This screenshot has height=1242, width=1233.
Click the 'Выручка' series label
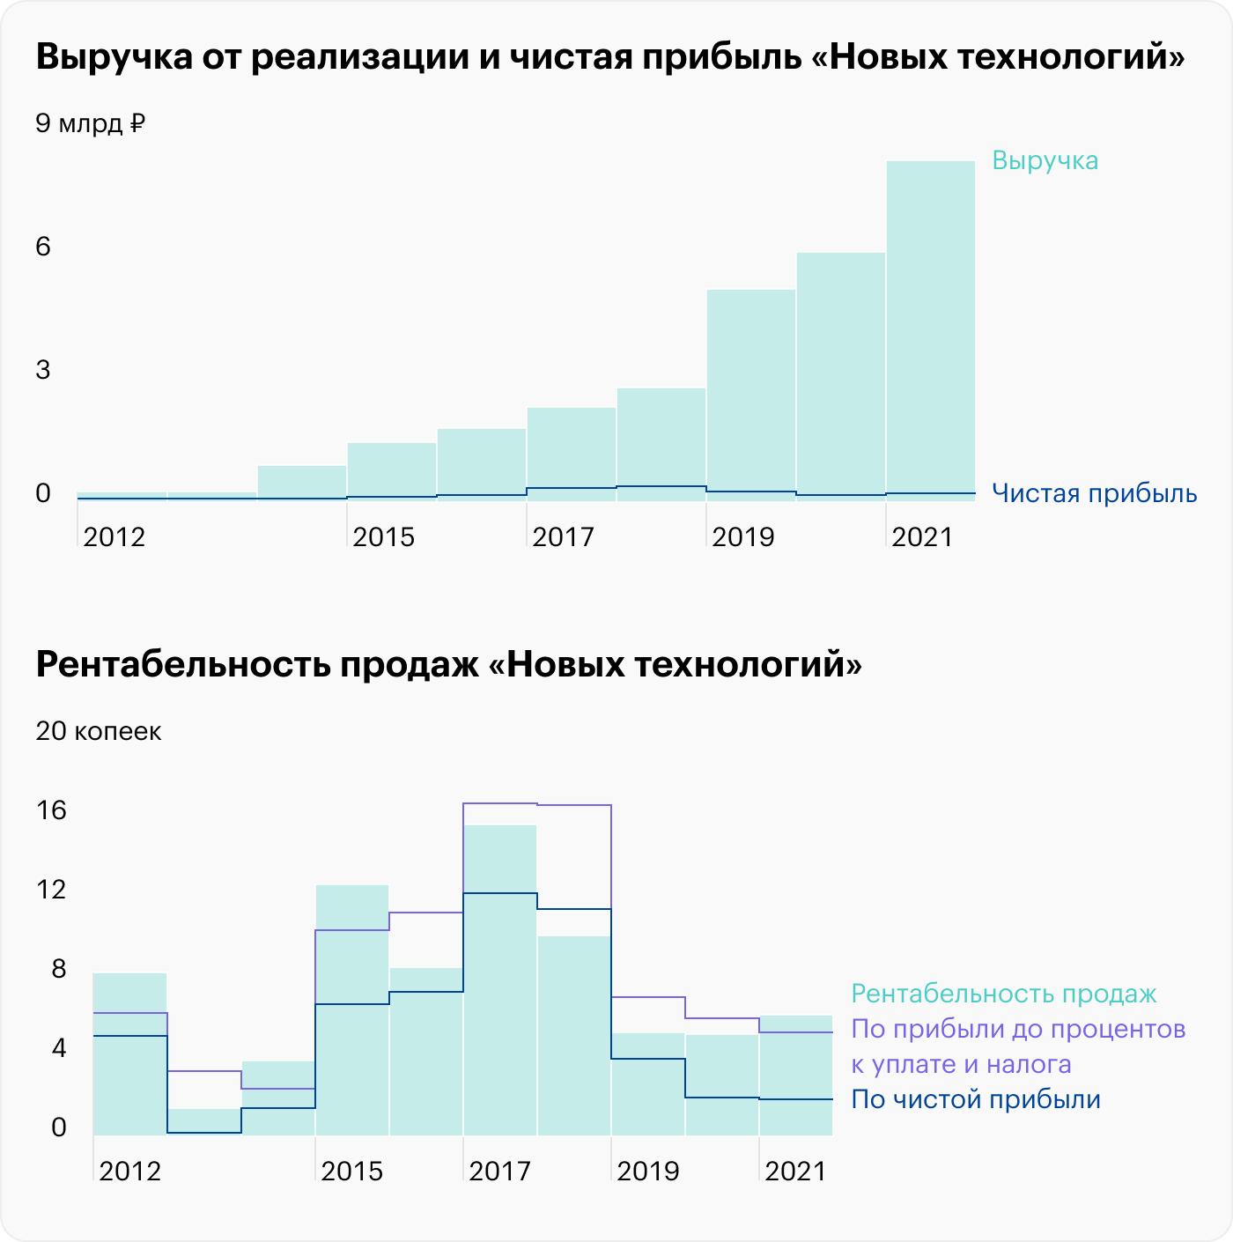pos(1045,161)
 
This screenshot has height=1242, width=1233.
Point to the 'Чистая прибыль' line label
pos(1094,493)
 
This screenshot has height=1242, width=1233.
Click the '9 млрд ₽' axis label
pos(90,123)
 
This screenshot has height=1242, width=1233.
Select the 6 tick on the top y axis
pos(43,247)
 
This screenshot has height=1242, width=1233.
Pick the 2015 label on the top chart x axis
pos(383,536)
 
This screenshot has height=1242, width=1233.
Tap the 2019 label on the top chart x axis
pos(742,536)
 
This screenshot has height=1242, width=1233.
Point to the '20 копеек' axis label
pos(98,732)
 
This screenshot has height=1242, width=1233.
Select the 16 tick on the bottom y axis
pos(51,810)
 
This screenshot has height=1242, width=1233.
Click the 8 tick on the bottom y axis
pos(58,969)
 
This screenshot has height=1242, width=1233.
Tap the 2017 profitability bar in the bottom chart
pos(500,1013)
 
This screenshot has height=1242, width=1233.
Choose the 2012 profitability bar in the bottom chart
pos(129,1083)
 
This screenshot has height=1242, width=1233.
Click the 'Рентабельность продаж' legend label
pos(1003,994)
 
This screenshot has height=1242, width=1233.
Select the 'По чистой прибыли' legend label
pos(976,1100)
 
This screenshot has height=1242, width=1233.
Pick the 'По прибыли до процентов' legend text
pos(1018,1030)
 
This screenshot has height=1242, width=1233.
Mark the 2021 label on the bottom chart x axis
pos(795,1172)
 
